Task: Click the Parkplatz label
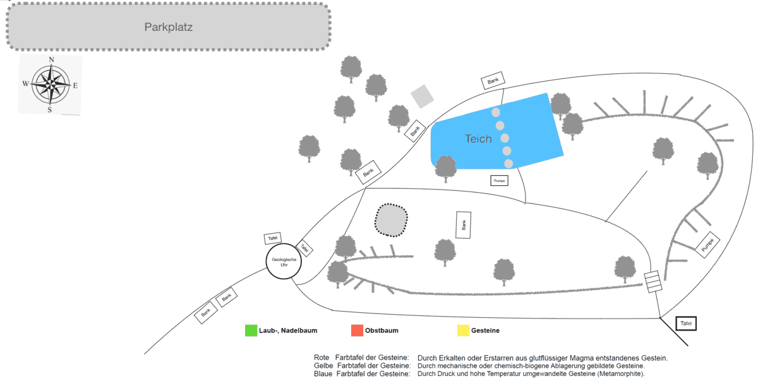[168, 27]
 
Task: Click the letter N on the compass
[51, 60]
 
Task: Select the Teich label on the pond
[478, 139]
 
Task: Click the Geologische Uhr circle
[284, 261]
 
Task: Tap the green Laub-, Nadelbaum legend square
[251, 330]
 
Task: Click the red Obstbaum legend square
[357, 330]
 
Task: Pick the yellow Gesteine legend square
[463, 330]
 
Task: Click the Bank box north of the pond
[493, 81]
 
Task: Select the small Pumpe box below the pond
[499, 180]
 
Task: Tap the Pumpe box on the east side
[708, 245]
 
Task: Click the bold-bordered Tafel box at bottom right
[686, 324]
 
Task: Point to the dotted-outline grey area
[392, 220]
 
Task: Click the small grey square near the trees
[422, 97]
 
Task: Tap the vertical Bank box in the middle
[464, 225]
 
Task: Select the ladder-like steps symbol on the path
[654, 282]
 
